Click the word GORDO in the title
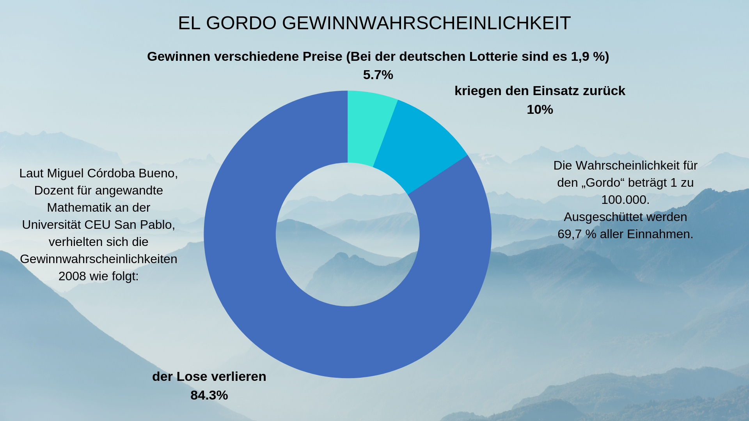pyautogui.click(x=241, y=23)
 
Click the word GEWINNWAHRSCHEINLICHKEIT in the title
pyautogui.click(x=426, y=23)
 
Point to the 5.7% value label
pyautogui.click(x=378, y=75)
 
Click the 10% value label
pyautogui.click(x=540, y=110)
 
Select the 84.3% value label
pyautogui.click(x=209, y=395)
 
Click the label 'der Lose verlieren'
pyautogui.click(x=209, y=377)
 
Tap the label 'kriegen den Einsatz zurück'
pyautogui.click(x=540, y=91)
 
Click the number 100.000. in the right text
pyautogui.click(x=625, y=200)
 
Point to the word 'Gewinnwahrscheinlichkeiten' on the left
pyautogui.click(x=99, y=259)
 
